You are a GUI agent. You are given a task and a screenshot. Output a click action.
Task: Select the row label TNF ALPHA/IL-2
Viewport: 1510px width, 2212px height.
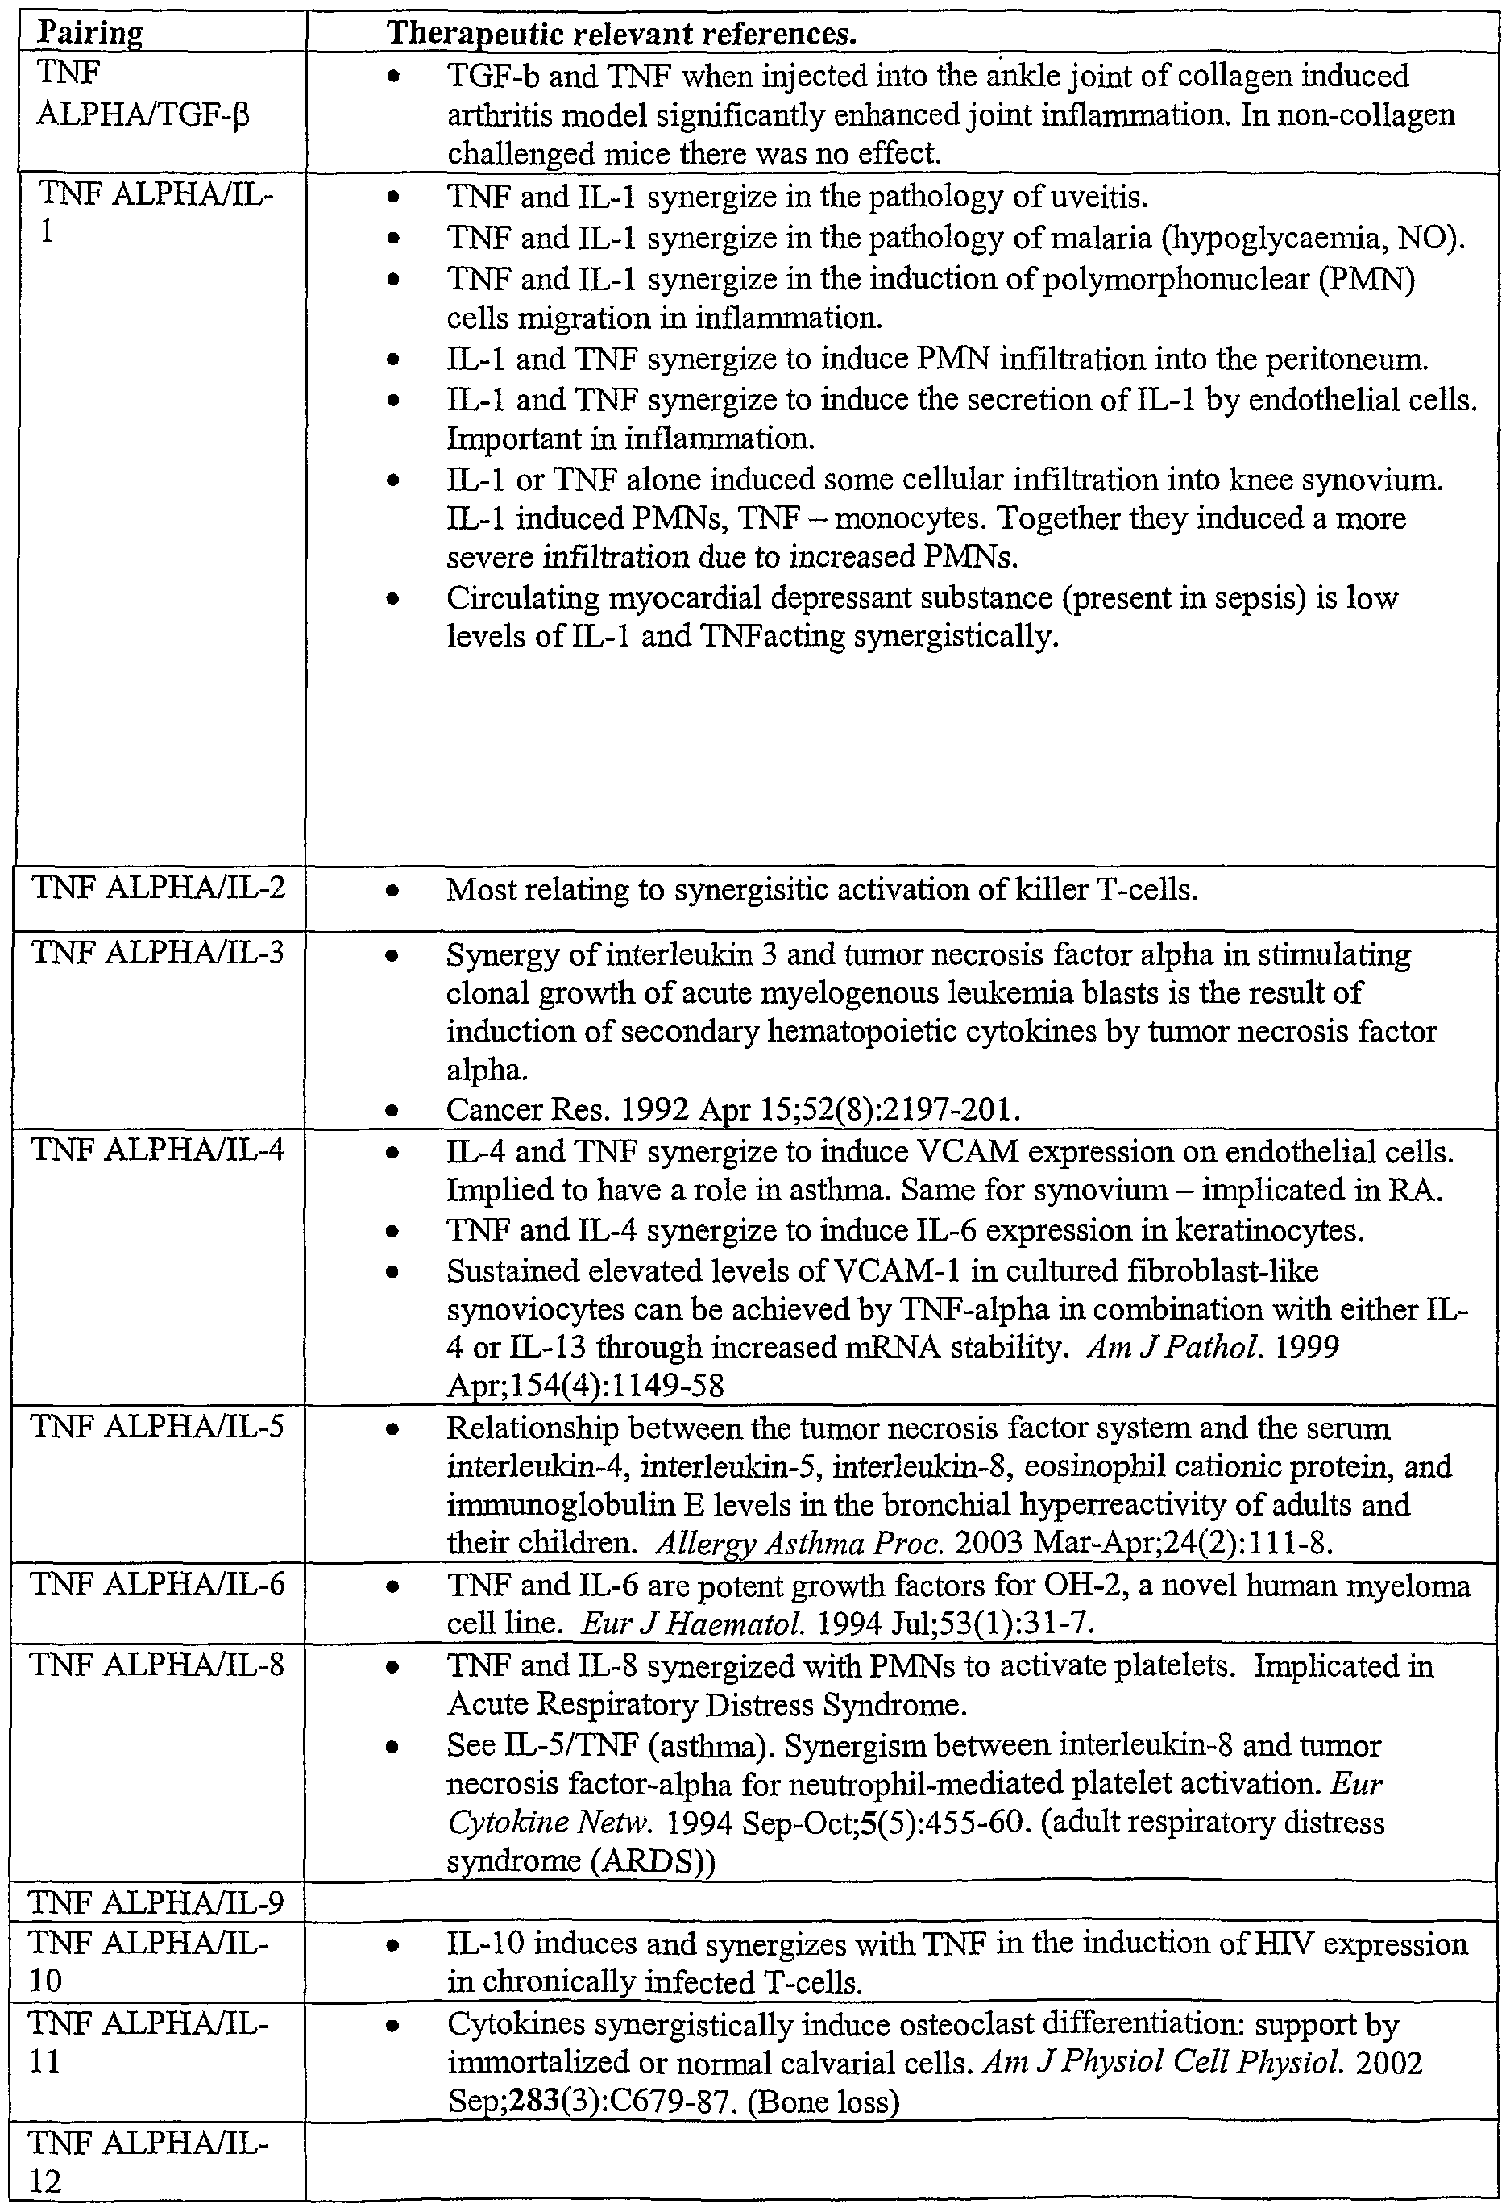click(x=158, y=888)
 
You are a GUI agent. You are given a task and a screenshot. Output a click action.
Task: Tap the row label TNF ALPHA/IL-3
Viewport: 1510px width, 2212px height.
click(x=158, y=953)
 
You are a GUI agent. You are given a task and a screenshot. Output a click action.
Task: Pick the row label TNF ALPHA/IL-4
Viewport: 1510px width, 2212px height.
click(x=158, y=1150)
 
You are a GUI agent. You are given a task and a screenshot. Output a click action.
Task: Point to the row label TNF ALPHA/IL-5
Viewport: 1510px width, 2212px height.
click(x=158, y=1426)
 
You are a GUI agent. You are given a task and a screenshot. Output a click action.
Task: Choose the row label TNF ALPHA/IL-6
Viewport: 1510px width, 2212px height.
click(x=158, y=1585)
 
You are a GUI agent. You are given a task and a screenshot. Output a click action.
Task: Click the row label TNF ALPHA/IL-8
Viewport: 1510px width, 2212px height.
click(x=158, y=1665)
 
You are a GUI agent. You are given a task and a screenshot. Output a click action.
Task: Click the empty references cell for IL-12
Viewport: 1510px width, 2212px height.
click(x=900, y=2160)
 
